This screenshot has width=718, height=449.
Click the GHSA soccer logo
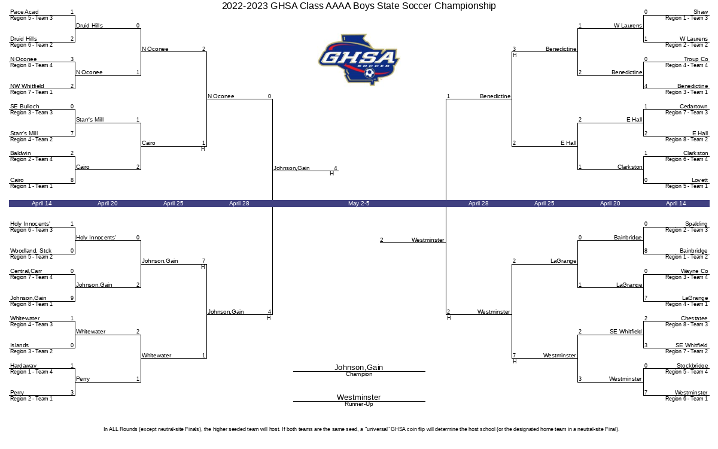pyautogui.click(x=358, y=60)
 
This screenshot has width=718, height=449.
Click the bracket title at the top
pyautogui.click(x=358, y=6)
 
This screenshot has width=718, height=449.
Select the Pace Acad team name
pyautogui.click(x=25, y=12)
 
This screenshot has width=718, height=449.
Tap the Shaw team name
pyautogui.click(x=701, y=12)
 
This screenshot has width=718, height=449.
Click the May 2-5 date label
pyautogui.click(x=358, y=204)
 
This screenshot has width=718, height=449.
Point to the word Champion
pyautogui.click(x=359, y=374)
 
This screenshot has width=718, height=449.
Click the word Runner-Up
pyautogui.click(x=358, y=404)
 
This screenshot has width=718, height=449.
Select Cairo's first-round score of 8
pyautogui.click(x=72, y=180)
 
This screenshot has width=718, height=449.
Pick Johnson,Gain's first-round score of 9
pyautogui.click(x=72, y=298)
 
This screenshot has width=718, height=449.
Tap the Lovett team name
pyautogui.click(x=699, y=180)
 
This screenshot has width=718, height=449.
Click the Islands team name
pyautogui.click(x=19, y=345)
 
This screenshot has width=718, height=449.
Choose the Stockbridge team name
pyautogui.click(x=692, y=366)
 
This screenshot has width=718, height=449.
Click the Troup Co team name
pyautogui.click(x=695, y=59)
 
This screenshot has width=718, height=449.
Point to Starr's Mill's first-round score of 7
pyautogui.click(x=72, y=134)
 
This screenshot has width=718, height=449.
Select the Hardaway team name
pyautogui.click(x=23, y=366)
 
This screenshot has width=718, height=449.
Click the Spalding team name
pyautogui.click(x=696, y=224)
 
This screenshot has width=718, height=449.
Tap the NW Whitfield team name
pyautogui.click(x=27, y=86)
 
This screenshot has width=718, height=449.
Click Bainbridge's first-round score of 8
pyautogui.click(x=646, y=251)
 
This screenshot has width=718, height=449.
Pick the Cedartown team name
pyautogui.click(x=693, y=107)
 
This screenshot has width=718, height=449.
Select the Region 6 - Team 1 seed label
pyautogui.click(x=686, y=399)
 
